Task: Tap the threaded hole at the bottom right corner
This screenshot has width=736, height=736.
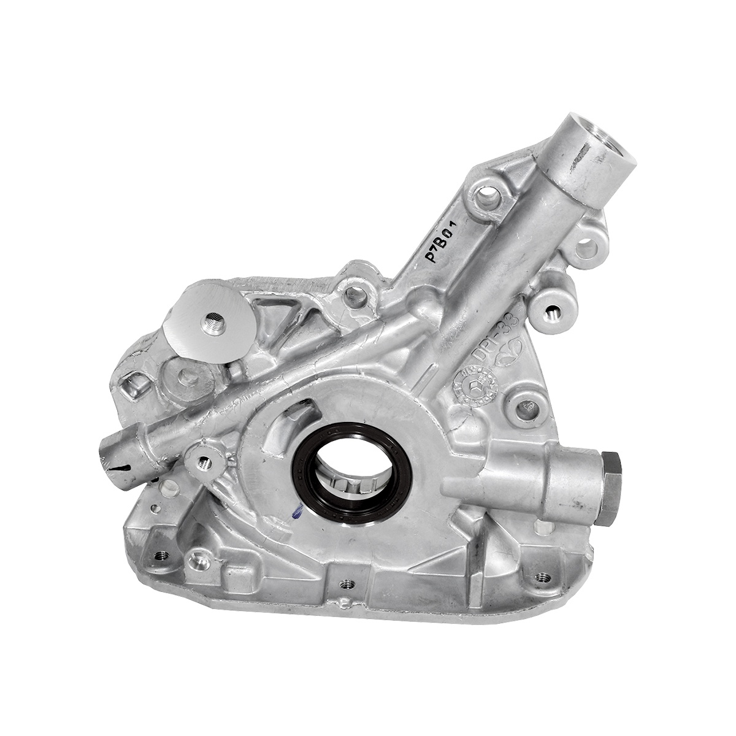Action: click(x=543, y=575)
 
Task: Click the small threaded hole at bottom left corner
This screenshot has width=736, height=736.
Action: click(x=161, y=556)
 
